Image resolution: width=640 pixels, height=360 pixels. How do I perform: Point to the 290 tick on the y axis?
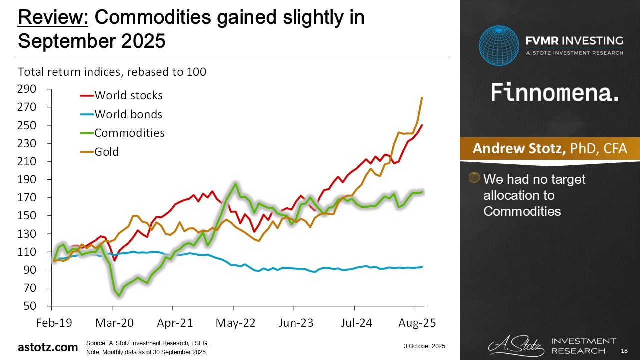(27, 89)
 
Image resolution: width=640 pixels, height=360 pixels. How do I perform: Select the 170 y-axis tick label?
(27, 198)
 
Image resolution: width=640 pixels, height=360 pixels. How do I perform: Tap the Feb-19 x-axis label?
(53, 323)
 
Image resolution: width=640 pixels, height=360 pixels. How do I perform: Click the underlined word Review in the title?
(53, 18)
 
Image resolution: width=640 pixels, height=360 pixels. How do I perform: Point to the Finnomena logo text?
(555, 92)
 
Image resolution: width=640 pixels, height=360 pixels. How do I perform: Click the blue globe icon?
(499, 46)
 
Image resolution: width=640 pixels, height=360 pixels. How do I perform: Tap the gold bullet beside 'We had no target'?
(474, 178)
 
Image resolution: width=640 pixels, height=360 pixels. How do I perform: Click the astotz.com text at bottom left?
(48, 347)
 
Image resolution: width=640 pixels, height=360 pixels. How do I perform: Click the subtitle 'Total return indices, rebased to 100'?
(112, 72)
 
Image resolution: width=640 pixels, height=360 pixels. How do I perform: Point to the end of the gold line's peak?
(422, 98)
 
